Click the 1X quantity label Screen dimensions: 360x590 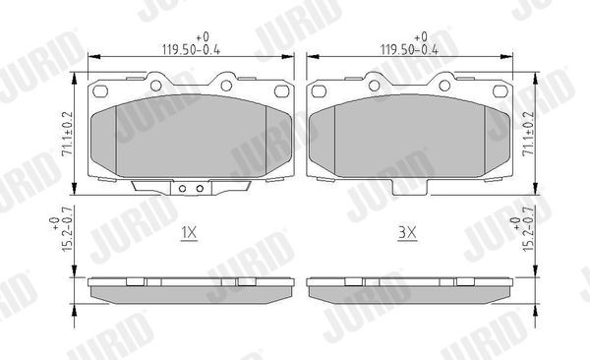click(x=190, y=233)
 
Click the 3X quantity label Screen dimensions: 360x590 click(x=408, y=234)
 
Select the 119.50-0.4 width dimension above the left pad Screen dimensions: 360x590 click(x=190, y=44)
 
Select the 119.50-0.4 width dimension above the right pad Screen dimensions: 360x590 click(x=408, y=44)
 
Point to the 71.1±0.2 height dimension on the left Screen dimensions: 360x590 click(x=68, y=134)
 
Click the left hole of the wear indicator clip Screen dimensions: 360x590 click(x=184, y=188)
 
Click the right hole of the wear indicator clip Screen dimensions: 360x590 click(x=198, y=188)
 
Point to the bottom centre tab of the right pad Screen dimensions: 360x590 click(x=408, y=186)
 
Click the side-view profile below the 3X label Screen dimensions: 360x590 click(x=408, y=289)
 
